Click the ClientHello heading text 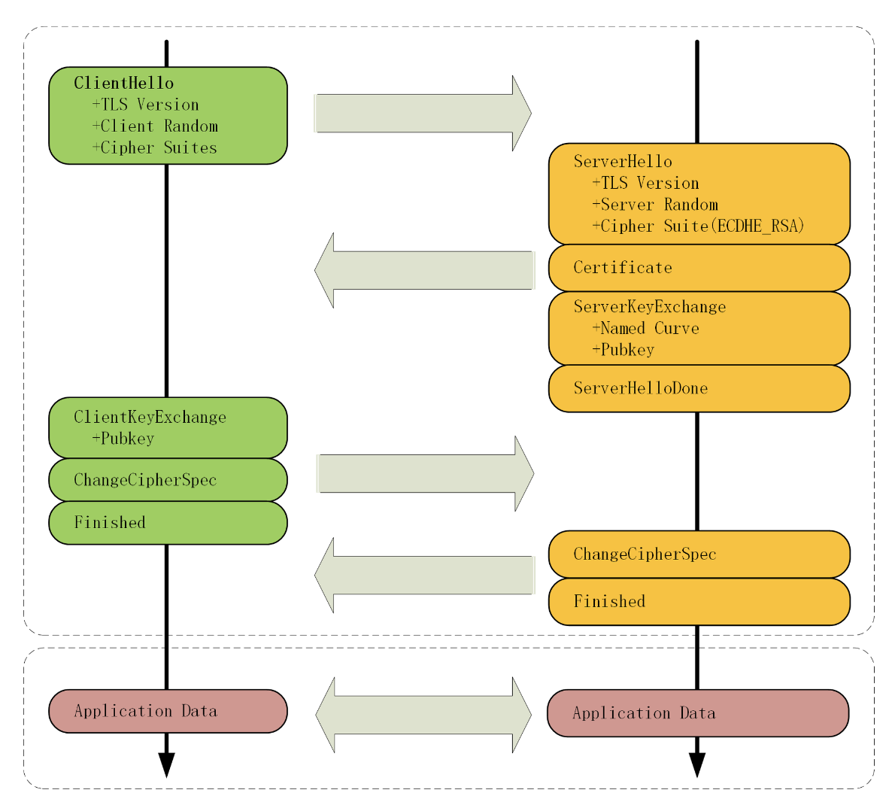point(124,84)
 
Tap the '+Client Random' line point(155,126)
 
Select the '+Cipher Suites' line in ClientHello point(155,148)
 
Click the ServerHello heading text point(623,162)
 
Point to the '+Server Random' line point(655,205)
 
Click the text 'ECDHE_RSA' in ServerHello point(757,226)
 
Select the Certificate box point(699,268)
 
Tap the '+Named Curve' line point(645,328)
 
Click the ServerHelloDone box point(699,388)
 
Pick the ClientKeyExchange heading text point(150,418)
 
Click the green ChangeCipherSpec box point(168,479)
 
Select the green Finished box point(168,523)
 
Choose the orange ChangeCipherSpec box point(699,554)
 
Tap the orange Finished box point(699,602)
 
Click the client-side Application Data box point(168,711)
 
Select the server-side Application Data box point(698,713)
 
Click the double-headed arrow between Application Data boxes point(423,715)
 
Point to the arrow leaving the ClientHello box point(423,113)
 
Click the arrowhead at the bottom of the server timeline point(697,765)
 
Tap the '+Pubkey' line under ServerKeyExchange point(623,350)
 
